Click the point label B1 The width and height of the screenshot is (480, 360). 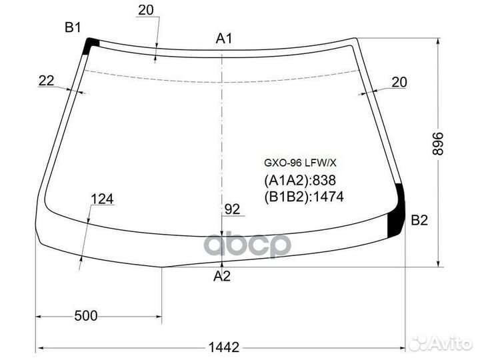[x=72, y=27]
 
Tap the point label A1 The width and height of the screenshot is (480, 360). [x=224, y=39]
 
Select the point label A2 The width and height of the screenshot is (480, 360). [x=223, y=276]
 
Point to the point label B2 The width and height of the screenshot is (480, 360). [x=419, y=221]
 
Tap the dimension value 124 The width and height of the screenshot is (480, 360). [x=103, y=199]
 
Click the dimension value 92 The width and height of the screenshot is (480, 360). [x=232, y=209]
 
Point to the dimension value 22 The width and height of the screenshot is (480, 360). [x=47, y=81]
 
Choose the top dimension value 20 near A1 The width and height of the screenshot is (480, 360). [x=145, y=9]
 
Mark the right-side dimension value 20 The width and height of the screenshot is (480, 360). [x=399, y=82]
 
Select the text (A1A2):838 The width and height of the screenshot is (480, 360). [x=300, y=181]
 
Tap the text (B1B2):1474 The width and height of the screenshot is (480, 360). [x=304, y=197]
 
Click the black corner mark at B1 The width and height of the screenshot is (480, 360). [x=91, y=45]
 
